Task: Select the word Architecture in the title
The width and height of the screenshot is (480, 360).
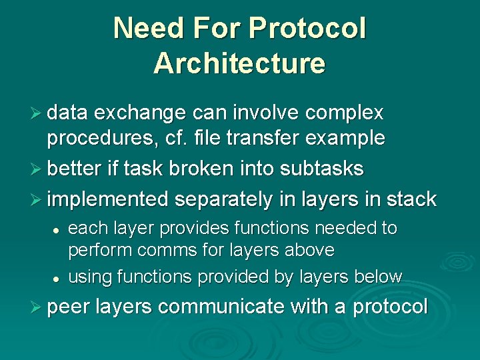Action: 239,63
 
